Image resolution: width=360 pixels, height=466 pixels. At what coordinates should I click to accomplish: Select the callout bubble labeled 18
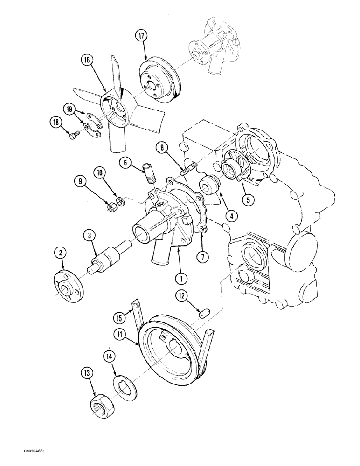point(55,123)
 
